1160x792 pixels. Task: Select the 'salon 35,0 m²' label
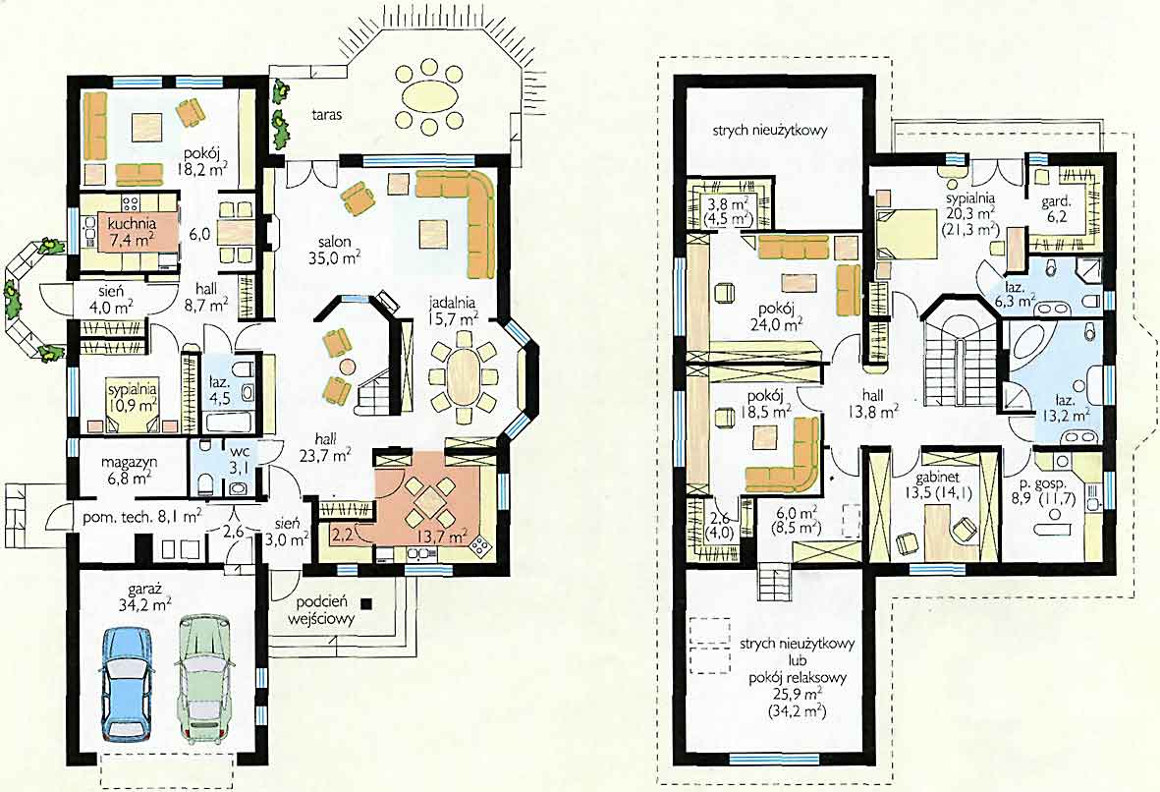click(334, 250)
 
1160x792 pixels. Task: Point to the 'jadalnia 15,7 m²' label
click(452, 311)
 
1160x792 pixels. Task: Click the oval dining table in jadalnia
click(463, 374)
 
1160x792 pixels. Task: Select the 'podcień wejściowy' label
click(325, 610)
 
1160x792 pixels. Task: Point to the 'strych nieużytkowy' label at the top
click(769, 131)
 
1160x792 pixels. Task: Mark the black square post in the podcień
click(366, 602)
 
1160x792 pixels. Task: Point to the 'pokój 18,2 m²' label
click(200, 160)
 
